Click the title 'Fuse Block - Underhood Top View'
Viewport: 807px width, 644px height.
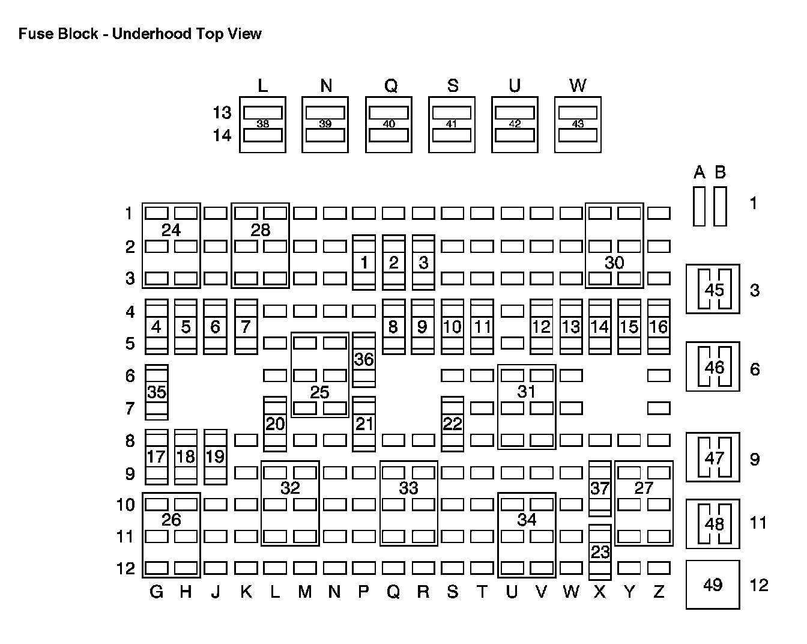(x=140, y=34)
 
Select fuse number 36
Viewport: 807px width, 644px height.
(x=364, y=359)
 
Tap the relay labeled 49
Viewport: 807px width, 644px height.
(x=713, y=585)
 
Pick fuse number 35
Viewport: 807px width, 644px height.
(x=157, y=392)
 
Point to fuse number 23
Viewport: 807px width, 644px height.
(x=600, y=551)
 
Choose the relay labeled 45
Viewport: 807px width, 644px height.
(x=713, y=289)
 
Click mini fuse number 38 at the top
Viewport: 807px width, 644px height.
(x=262, y=124)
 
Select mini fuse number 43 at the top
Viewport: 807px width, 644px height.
(x=578, y=124)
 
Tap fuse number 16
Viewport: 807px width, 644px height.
(x=659, y=327)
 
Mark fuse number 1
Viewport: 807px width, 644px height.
(x=364, y=262)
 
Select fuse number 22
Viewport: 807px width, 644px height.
(x=452, y=424)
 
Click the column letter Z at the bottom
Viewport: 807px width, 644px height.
(x=659, y=592)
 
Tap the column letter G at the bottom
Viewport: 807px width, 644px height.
(x=156, y=592)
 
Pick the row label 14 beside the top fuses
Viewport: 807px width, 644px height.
(x=222, y=135)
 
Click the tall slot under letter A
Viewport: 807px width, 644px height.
(x=699, y=207)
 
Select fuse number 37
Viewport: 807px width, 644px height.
(x=600, y=488)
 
